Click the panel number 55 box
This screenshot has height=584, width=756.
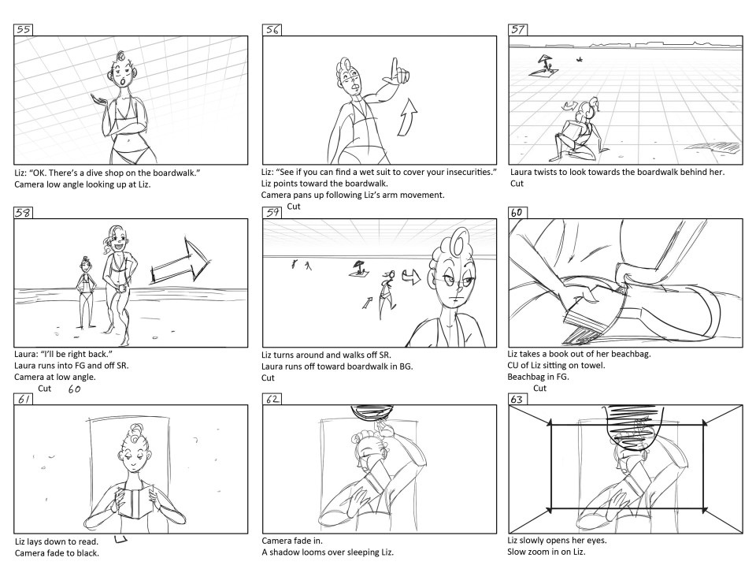tap(23, 29)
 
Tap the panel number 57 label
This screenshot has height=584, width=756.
tap(518, 29)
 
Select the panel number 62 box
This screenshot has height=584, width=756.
tap(272, 399)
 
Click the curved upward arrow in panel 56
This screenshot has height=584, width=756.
tap(408, 117)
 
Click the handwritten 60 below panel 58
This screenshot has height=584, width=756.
tap(74, 389)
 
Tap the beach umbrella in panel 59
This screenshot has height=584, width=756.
tap(358, 267)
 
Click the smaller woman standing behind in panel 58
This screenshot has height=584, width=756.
tap(85, 295)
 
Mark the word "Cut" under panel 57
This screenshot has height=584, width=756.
tap(517, 184)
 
